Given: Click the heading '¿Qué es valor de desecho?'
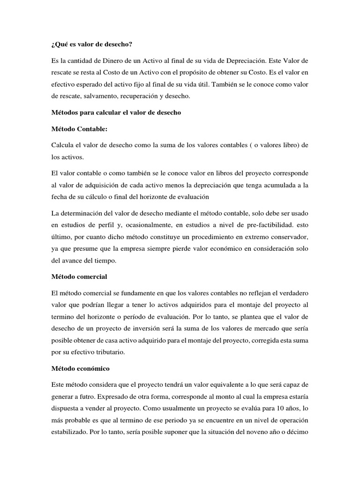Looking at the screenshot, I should (x=92, y=45).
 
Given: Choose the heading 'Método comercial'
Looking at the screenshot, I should (x=82, y=277).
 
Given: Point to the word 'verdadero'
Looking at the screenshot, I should (x=292, y=293).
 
